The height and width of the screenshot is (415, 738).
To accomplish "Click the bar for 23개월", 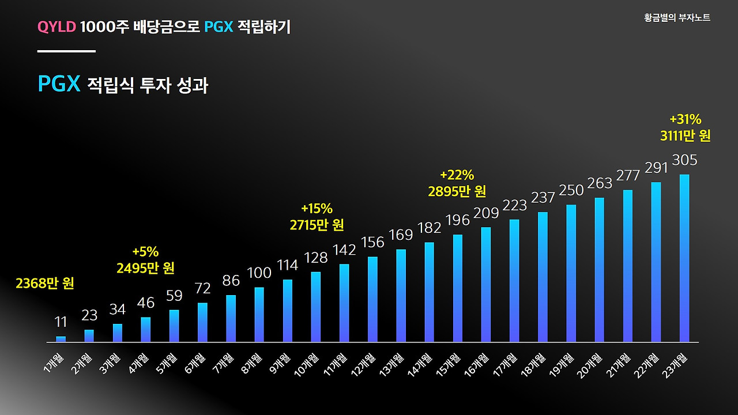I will point(684,258).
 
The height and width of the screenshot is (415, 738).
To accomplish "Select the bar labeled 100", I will point(259,315).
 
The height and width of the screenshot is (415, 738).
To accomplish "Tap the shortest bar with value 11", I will point(61,339).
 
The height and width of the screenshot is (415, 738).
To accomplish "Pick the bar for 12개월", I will point(372,299).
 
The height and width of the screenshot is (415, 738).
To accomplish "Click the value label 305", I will point(684,160).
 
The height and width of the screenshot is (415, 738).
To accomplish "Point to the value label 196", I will point(458,220).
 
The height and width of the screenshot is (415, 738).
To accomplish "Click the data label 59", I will point(174,296).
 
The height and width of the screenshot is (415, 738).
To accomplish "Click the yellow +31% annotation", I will point(685,120).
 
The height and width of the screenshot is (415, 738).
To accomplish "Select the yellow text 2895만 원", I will point(457,191).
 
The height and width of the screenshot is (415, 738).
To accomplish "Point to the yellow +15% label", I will point(317,209).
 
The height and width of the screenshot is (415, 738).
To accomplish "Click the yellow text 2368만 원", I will point(45,284).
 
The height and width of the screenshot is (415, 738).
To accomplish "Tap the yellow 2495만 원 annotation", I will point(145,268).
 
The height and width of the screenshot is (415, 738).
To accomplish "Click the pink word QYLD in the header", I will point(57,27).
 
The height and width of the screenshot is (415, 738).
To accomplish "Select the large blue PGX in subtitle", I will point(58,84).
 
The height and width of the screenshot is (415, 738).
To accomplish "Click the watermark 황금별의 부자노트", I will point(677,18).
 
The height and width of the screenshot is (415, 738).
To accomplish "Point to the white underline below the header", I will point(66,51).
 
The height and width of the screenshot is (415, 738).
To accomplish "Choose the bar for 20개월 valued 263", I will point(600,270).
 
